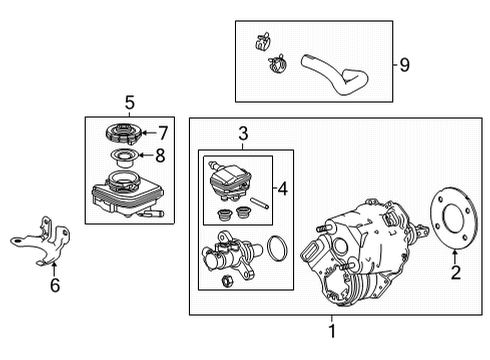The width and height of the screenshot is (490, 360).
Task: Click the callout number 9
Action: point(404,65)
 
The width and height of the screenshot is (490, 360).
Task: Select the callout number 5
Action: point(130,102)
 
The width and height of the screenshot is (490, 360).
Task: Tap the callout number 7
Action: point(163,133)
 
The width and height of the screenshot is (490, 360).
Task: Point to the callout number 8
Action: point(160,155)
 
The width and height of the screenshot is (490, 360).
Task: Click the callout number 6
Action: point(55,285)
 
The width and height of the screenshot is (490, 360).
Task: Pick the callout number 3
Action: point(243,134)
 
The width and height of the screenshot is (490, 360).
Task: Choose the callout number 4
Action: point(283,189)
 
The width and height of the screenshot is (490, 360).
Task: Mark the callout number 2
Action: point(455,272)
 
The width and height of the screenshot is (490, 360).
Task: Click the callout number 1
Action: point(332,331)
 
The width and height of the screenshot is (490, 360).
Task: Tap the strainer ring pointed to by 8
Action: point(124,157)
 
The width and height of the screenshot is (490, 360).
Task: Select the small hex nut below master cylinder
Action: point(227,281)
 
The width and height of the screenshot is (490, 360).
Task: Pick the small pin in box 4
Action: point(260,203)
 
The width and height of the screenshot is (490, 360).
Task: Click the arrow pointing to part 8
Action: point(146,155)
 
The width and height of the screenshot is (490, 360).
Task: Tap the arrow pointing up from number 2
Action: point(454,257)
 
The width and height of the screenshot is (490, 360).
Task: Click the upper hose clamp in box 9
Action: point(263,41)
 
